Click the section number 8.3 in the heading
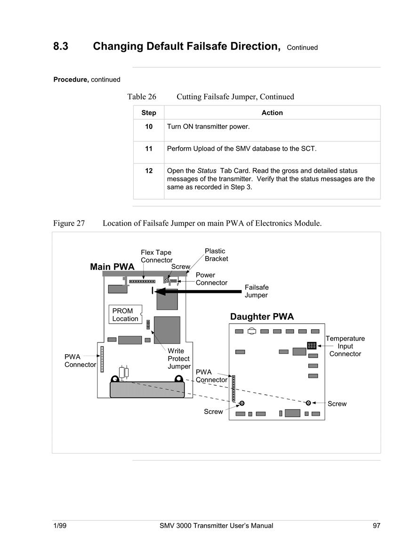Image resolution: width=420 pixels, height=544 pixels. (x=61, y=46)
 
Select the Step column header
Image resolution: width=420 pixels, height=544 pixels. (x=149, y=113)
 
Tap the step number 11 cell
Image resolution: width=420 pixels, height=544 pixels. (x=149, y=148)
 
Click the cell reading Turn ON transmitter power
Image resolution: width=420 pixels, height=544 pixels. (x=208, y=127)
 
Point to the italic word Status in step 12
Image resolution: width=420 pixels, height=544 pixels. (x=207, y=171)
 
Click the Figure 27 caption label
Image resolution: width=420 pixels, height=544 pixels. (x=69, y=223)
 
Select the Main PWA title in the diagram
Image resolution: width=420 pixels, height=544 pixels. (x=112, y=267)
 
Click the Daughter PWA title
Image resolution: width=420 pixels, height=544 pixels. (x=262, y=317)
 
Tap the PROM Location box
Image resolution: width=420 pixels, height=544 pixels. (x=125, y=314)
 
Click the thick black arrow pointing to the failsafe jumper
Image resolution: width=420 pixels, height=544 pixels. (x=198, y=292)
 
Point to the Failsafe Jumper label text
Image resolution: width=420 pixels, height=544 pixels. (x=257, y=291)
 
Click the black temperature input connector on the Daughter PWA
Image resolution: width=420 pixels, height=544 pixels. (x=312, y=345)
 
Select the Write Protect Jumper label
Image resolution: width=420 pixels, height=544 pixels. (x=179, y=358)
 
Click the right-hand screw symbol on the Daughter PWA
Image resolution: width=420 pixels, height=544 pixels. (x=308, y=403)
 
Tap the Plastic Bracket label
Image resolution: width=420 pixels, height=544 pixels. (x=217, y=255)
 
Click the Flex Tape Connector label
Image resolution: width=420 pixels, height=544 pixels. (x=156, y=256)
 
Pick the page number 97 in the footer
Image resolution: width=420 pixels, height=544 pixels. (x=376, y=526)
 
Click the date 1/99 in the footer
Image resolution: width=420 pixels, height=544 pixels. (x=60, y=526)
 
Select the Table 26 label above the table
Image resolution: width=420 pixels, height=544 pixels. (x=142, y=97)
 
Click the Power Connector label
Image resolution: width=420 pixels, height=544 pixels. (x=211, y=278)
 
